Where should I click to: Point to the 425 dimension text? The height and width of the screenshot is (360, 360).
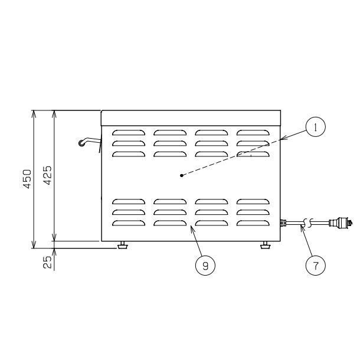[x=48, y=175]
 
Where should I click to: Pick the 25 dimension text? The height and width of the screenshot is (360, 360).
[x=48, y=262]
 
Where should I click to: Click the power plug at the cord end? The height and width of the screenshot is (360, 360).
[x=341, y=222]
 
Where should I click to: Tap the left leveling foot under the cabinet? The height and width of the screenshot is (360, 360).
[x=123, y=245]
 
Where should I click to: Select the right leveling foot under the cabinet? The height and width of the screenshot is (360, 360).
[x=266, y=245]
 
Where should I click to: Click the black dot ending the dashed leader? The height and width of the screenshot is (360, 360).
[x=182, y=176]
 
